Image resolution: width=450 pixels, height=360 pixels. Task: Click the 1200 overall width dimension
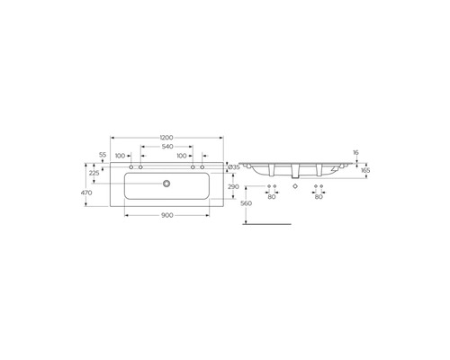166,138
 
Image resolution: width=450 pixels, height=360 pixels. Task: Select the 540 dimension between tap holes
167,147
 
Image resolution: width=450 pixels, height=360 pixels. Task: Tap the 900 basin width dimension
167,215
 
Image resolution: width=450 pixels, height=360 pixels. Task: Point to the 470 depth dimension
86,193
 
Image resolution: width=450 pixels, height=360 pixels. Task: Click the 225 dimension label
94,173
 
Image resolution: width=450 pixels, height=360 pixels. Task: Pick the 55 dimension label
103,155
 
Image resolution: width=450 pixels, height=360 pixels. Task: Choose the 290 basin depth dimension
234,187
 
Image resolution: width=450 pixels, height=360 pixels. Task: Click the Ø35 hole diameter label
234,167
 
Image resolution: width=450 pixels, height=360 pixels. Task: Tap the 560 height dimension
247,203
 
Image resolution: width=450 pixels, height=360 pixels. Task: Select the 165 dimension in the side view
365,170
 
